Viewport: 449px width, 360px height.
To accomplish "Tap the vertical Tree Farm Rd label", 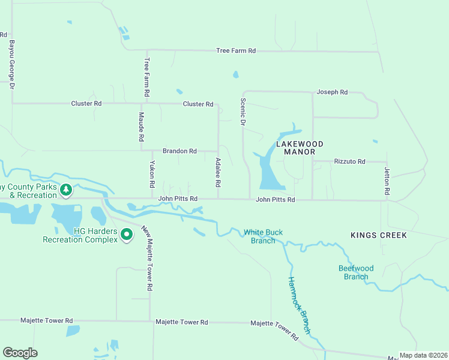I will [x=146, y=78].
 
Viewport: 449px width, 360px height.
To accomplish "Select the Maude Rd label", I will [x=142, y=127].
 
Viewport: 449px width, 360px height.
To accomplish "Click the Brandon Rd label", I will [x=179, y=151].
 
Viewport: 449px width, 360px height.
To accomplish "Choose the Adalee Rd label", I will [x=218, y=171].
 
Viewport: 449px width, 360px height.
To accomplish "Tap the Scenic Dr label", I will [x=243, y=112].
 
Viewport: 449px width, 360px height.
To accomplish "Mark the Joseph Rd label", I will [x=332, y=92].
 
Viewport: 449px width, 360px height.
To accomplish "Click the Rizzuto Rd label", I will [x=349, y=161].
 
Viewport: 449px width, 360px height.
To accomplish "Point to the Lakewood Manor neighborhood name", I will [x=300, y=148].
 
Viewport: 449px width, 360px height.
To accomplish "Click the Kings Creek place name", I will [x=379, y=235].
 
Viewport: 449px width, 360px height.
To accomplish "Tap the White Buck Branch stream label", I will [x=263, y=236].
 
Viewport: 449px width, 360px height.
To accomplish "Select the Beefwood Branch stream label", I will [x=356, y=272].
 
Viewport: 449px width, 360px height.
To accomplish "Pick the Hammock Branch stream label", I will [x=298, y=305].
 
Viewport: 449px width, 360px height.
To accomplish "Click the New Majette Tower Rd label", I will [x=146, y=258].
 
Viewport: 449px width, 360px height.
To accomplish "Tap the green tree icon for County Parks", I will [x=66, y=191].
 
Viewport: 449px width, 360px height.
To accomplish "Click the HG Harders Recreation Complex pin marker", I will [x=126, y=235].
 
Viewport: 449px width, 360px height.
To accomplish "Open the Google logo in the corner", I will [x=20, y=353].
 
